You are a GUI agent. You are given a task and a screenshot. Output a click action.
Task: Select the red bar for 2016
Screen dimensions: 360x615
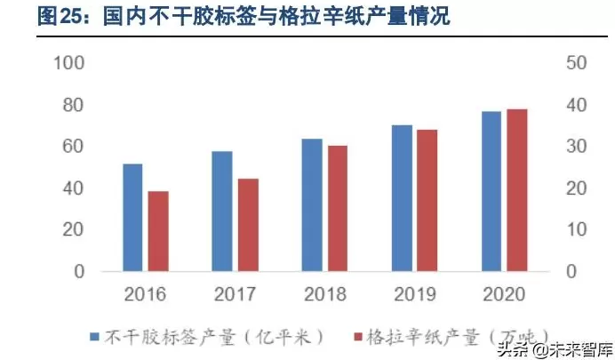click(158, 231)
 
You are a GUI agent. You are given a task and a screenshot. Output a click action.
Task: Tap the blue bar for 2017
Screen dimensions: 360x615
click(222, 212)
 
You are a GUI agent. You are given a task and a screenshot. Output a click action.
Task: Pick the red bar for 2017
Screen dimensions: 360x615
click(248, 225)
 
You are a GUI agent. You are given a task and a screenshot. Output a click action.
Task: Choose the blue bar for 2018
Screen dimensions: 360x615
click(312, 205)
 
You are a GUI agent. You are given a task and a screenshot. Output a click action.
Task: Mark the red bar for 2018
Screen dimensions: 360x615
click(338, 208)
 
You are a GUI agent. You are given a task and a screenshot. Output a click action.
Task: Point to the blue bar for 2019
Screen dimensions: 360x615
click(403, 198)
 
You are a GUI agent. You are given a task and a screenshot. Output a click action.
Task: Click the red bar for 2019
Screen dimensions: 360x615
click(427, 200)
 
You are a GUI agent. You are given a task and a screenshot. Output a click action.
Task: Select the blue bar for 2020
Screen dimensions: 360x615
click(491, 191)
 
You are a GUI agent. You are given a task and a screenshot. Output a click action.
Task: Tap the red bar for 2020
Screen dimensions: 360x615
click(517, 190)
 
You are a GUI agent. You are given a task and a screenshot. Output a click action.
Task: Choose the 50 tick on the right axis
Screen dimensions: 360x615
click(575, 63)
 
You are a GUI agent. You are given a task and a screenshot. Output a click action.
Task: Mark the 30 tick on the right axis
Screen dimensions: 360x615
click(575, 147)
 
